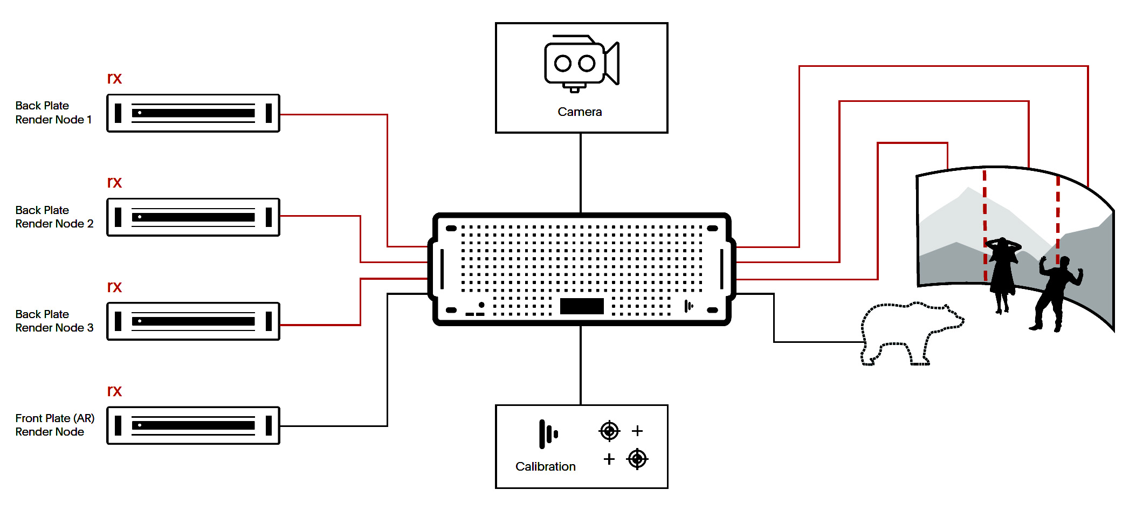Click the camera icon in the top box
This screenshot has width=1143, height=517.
tap(582, 64)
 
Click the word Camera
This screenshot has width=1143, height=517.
tap(580, 112)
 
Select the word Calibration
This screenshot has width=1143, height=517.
tap(545, 466)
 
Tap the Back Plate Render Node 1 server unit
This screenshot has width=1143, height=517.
tap(193, 113)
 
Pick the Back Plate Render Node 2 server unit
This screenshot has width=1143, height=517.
tap(193, 217)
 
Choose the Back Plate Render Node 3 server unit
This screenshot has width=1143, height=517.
tap(193, 321)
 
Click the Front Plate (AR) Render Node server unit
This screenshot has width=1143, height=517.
tap(193, 425)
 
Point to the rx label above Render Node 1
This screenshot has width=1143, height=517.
tap(114, 78)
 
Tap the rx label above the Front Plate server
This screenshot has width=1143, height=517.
tap(114, 391)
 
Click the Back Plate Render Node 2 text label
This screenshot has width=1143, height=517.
tap(54, 217)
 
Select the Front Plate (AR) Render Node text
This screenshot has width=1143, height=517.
tap(54, 425)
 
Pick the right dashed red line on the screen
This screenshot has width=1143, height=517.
tap(1058, 219)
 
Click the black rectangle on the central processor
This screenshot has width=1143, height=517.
tap(582, 306)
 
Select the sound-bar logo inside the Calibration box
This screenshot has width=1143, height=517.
tap(548, 434)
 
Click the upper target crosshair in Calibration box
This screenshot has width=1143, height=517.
tap(609, 431)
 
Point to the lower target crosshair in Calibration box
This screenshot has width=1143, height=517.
tap(637, 459)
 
